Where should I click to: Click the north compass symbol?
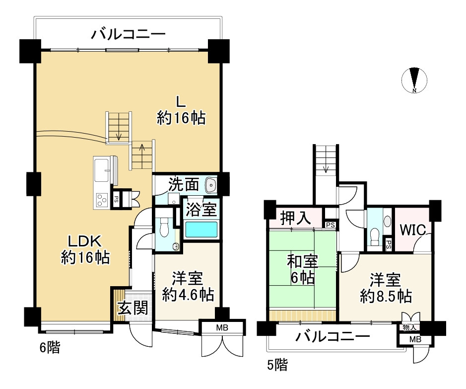pos(414,80)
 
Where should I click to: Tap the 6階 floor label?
pos(50,347)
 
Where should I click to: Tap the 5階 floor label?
pos(277,365)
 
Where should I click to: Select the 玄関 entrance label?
pos(133,308)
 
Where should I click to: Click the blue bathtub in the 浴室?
pos(201,230)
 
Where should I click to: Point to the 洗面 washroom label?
pos(183,185)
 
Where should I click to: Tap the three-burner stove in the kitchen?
pos(102,200)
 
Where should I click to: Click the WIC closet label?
pos(412,230)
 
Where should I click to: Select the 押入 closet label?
pos(295,218)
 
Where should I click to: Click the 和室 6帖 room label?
pos(303,269)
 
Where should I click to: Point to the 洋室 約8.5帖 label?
pos(386,288)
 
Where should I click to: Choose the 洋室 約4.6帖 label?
pos(188,286)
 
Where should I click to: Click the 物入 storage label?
pos(409,327)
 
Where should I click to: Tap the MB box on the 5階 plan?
pos(415,339)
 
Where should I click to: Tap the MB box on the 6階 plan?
pos(222,327)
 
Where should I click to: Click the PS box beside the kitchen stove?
pos(116,199)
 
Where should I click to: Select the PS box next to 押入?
pos(331,225)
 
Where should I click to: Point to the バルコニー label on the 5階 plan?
pos(333,337)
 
